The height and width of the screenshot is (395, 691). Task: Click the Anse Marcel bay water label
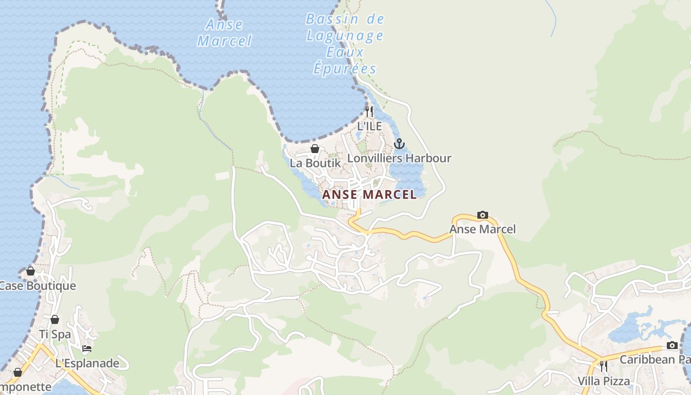pyautogui.click(x=225, y=33)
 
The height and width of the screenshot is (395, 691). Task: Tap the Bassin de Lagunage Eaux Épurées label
pyautogui.click(x=345, y=44)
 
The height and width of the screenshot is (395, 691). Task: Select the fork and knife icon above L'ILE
pyautogui.click(x=369, y=111)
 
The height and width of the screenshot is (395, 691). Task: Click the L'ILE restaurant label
pyautogui.click(x=369, y=126)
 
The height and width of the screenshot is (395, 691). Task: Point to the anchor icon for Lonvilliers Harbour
pyautogui.click(x=399, y=144)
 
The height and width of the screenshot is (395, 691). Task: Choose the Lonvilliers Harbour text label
pyautogui.click(x=399, y=158)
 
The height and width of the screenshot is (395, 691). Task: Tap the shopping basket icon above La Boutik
pyautogui.click(x=315, y=148)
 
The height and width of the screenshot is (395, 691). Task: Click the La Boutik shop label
pyautogui.click(x=315, y=162)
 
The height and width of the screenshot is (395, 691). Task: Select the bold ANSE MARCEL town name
pyautogui.click(x=369, y=195)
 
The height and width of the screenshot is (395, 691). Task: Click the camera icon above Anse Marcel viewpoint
pyautogui.click(x=482, y=215)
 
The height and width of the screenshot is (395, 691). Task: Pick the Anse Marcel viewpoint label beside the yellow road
pyautogui.click(x=482, y=229)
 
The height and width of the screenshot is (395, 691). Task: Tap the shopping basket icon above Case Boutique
pyautogui.click(x=31, y=271)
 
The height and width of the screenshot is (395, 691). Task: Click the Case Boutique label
pyautogui.click(x=38, y=286)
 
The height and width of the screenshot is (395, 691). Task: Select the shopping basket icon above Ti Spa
pyautogui.click(x=55, y=319)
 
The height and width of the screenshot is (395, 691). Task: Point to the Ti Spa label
pyautogui.click(x=55, y=334)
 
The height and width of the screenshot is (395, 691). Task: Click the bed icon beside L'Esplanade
pyautogui.click(x=87, y=349)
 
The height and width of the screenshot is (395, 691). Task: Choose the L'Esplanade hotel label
pyautogui.click(x=87, y=363)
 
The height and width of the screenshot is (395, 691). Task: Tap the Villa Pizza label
pyautogui.click(x=604, y=381)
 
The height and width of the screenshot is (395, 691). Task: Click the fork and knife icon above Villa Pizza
pyautogui.click(x=603, y=366)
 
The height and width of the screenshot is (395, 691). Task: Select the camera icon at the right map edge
pyautogui.click(x=672, y=345)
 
